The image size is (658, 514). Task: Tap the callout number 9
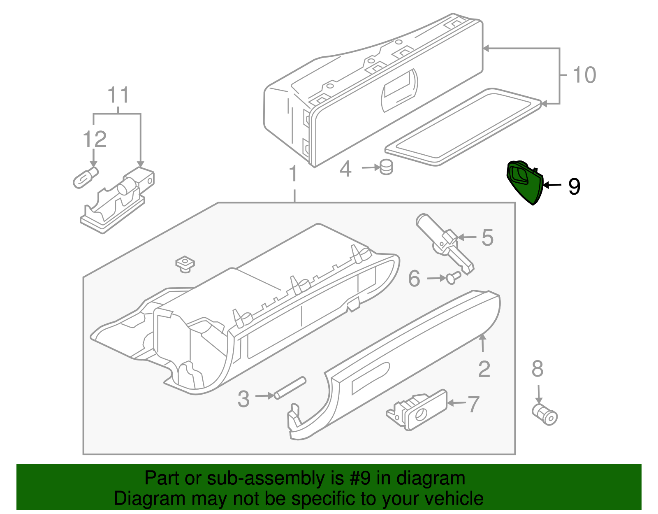tap(574, 186)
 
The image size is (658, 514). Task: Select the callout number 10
tap(584, 75)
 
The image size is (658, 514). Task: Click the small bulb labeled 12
tap(86, 178)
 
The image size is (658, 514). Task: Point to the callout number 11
tap(118, 95)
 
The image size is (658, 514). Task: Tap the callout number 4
tap(345, 169)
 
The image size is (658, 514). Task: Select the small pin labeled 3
tap(290, 388)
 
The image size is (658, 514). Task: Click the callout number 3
tap(243, 399)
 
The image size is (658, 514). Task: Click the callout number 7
tap(473, 404)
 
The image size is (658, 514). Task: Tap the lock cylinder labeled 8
tap(545, 414)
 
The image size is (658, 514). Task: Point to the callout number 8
tap(538, 369)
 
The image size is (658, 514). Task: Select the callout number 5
tap(487, 238)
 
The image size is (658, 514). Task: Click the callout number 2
tap(484, 369)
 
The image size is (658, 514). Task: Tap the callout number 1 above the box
tap(293, 174)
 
